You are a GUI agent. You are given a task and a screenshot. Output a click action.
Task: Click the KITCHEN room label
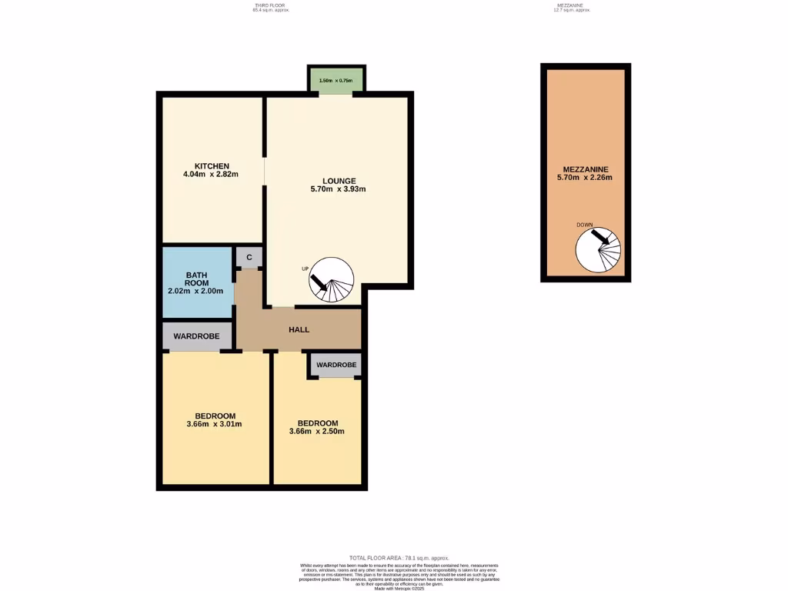[212, 166]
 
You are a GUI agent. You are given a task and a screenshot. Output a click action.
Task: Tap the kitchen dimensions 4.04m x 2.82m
[212, 175]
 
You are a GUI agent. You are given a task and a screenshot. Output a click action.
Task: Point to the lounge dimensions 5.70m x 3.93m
[338, 189]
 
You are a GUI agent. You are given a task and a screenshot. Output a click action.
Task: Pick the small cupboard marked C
[249, 257]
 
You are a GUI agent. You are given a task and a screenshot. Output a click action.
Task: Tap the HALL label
[299, 329]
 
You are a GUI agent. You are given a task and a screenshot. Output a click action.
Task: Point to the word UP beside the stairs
[306, 269]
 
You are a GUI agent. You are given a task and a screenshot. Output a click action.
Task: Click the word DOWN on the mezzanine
[584, 225]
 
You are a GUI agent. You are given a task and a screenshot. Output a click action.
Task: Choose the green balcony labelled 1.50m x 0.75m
[336, 80]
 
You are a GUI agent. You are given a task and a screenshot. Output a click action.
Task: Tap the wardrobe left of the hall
[196, 336]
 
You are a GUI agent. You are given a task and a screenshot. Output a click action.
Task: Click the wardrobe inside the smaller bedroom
[335, 364]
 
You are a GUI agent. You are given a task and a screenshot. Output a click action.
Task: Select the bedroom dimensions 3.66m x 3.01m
[215, 424]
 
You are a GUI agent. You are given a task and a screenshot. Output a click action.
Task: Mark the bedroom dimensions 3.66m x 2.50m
[318, 432]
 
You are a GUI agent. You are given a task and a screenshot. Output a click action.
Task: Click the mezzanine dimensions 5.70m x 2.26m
[585, 178]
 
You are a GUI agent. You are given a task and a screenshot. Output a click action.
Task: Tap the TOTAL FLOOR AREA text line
[398, 558]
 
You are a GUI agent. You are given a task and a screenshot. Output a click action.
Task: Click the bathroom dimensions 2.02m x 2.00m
[196, 292]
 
